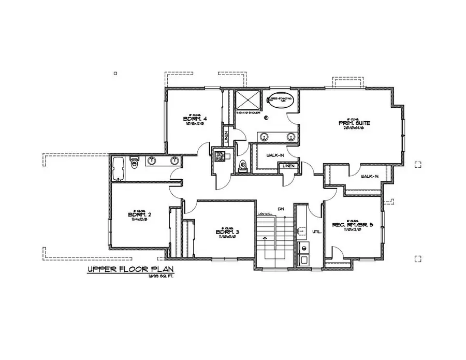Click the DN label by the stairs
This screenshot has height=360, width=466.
point(281,209)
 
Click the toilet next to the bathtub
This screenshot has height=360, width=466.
point(134,164)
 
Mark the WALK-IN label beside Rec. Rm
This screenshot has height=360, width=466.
point(370,176)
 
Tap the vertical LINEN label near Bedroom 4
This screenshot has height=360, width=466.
point(227,137)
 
